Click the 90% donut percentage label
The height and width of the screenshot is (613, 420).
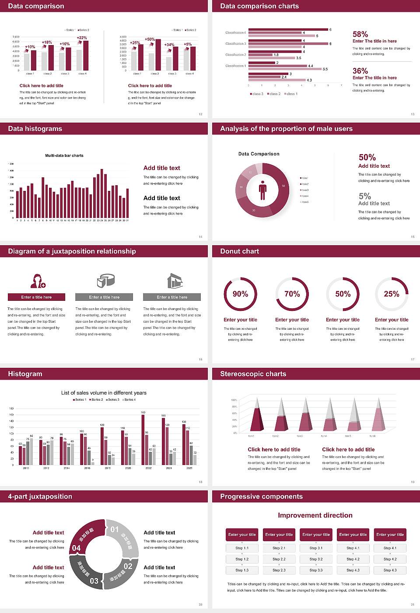pyautogui.click(x=240, y=294)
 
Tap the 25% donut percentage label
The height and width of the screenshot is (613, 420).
pyautogui.click(x=392, y=294)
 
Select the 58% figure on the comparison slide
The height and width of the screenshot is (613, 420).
pyautogui.click(x=360, y=34)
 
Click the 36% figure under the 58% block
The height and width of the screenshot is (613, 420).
pyautogui.click(x=360, y=71)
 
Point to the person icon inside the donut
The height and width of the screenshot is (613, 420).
pyautogui.click(x=262, y=190)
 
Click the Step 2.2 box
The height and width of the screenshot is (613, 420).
pyautogui.click(x=279, y=559)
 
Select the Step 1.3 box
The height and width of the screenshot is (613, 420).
pyautogui.click(x=242, y=570)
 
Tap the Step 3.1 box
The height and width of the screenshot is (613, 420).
pyautogui.click(x=316, y=548)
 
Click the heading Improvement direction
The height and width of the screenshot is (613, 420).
pyautogui.click(x=315, y=515)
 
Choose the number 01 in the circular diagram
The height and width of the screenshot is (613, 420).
pyautogui.click(x=115, y=529)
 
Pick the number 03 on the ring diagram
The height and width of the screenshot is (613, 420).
pyautogui.click(x=94, y=581)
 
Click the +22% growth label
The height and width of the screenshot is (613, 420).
pyautogui.click(x=82, y=38)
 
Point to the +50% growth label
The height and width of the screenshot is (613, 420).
pyautogui.click(x=150, y=39)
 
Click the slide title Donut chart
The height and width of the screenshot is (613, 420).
pyautogui.click(x=239, y=251)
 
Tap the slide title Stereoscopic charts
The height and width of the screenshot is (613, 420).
pyautogui.click(x=253, y=374)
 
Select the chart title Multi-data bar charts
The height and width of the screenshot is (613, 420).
pyautogui.click(x=64, y=155)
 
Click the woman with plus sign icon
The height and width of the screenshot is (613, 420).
pyautogui.click(x=38, y=281)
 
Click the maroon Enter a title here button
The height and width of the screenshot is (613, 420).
pyautogui.click(x=37, y=297)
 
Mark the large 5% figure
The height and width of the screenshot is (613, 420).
pyautogui.click(x=364, y=196)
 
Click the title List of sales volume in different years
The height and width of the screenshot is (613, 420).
pyautogui.click(x=104, y=393)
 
